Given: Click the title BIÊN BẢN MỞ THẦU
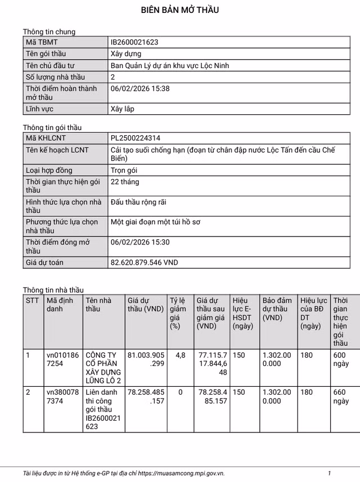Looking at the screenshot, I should click(180, 10).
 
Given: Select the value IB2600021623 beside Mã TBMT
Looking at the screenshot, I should click(134, 42).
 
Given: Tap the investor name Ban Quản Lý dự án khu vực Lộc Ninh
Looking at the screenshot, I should click(170, 65).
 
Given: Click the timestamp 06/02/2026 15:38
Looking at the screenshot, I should click(140, 88).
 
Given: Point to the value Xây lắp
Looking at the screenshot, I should click(122, 109).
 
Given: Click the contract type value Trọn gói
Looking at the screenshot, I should click(124, 170).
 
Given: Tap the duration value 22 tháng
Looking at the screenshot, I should click(125, 182).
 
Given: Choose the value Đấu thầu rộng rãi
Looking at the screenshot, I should click(138, 202).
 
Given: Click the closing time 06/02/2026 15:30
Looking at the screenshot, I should click(140, 242).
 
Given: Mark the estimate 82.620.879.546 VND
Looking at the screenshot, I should click(145, 262).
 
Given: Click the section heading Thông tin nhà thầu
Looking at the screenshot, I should click(53, 290).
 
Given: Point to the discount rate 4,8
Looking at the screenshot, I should click(180, 355).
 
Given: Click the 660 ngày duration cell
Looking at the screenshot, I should click(341, 396).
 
